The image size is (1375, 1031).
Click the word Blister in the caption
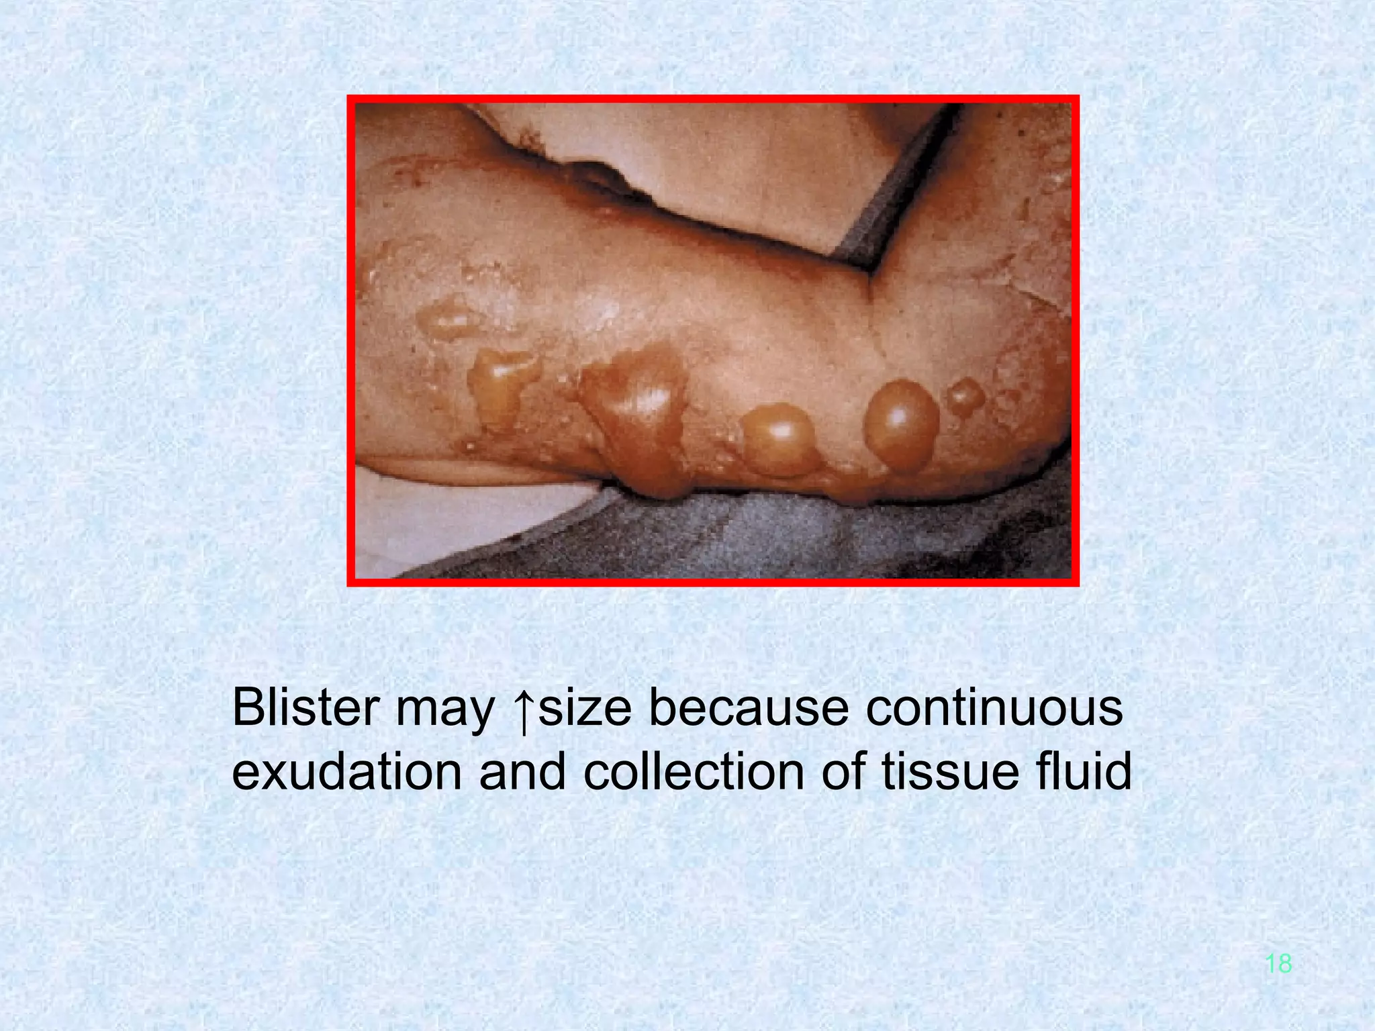click(305, 707)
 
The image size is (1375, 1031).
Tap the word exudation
click(346, 772)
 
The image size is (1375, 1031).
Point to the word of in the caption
click(843, 772)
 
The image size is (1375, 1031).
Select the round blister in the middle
click(779, 440)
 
